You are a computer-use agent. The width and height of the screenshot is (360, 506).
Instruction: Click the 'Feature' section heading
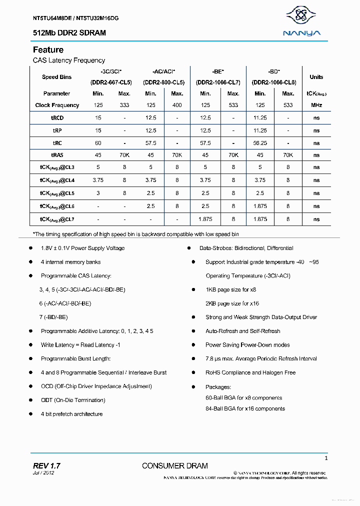pyautogui.click(x=48, y=50)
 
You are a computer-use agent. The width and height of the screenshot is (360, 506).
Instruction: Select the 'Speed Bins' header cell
pyautogui.click(x=56, y=77)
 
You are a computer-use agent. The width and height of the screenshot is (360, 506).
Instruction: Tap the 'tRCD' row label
pyautogui.click(x=57, y=118)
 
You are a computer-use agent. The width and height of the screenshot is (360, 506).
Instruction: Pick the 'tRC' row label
pyautogui.click(x=57, y=142)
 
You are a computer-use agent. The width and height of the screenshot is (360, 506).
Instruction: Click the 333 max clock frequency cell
pyautogui.click(x=124, y=105)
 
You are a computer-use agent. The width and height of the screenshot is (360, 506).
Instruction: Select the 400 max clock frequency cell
pyautogui.click(x=177, y=105)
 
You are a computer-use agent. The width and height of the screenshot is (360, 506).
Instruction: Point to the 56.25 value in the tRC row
pyautogui.click(x=259, y=142)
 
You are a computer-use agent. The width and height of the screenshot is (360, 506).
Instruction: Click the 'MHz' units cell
pyautogui.click(x=316, y=105)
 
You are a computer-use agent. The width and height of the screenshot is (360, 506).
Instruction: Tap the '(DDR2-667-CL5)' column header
pyautogui.click(x=111, y=82)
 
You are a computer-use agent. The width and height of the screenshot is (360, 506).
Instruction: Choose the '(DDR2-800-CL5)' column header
pyautogui.click(x=163, y=82)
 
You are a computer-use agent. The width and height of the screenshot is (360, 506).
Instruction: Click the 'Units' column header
pyautogui.click(x=316, y=77)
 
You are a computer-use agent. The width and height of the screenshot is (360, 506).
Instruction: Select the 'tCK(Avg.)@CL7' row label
pyautogui.click(x=57, y=219)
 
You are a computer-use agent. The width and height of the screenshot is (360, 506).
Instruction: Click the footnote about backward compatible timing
pyautogui.click(x=135, y=234)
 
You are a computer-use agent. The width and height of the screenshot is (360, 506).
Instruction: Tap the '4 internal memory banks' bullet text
pyautogui.click(x=70, y=262)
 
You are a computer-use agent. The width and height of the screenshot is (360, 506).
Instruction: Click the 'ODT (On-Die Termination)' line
pyautogui.click(x=73, y=400)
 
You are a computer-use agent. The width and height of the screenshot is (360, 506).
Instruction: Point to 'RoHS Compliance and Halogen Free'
pyautogui.click(x=250, y=372)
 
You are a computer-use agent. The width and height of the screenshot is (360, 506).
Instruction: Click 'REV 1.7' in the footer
pyautogui.click(x=46, y=465)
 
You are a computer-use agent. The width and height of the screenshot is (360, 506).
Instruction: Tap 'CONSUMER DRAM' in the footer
pyautogui.click(x=174, y=466)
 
